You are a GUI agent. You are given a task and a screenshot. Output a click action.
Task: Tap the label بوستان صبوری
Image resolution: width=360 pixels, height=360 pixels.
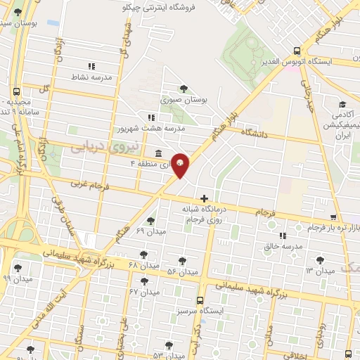[x=186, y=101]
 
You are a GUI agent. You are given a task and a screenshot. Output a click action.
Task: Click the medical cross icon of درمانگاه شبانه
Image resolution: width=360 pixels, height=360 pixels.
[x=204, y=199]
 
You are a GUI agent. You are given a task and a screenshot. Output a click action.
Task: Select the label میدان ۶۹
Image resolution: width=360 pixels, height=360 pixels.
[x=150, y=230]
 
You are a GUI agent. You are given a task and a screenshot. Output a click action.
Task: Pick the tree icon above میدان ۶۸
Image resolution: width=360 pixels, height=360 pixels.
[x=144, y=255]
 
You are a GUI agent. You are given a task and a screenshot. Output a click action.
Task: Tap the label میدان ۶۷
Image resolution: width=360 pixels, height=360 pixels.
[x=144, y=291]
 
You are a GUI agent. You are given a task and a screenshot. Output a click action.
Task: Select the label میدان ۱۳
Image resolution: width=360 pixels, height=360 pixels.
[x=319, y=271]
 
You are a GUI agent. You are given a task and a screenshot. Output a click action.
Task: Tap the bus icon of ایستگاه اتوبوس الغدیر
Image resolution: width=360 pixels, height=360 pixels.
[x=297, y=51]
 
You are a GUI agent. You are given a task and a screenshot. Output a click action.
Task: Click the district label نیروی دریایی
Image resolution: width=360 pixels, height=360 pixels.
[x=98, y=145]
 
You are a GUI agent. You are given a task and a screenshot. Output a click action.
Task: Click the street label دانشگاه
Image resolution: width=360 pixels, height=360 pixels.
[x=257, y=132]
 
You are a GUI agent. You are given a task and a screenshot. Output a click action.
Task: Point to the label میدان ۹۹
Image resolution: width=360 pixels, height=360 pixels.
[x=17, y=278]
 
